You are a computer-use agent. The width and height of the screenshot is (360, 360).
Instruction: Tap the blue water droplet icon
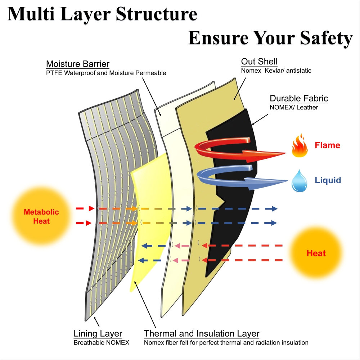point(300,181)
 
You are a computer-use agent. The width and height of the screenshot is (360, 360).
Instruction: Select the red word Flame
point(327,145)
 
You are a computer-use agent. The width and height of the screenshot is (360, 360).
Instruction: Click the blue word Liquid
point(328,180)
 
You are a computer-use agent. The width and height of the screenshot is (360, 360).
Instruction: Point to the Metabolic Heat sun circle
point(41,216)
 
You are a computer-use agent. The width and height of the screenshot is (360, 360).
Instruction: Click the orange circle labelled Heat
point(316,253)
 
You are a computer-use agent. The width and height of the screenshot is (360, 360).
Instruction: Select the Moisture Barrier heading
point(78,64)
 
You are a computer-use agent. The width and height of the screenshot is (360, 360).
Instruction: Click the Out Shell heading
point(259,61)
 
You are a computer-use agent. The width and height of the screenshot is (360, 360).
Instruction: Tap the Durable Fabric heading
point(299,99)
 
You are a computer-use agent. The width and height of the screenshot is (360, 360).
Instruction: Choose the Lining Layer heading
point(98,334)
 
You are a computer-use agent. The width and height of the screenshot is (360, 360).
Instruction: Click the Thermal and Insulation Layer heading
point(202,334)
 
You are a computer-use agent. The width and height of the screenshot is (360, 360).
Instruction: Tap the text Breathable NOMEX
point(101,343)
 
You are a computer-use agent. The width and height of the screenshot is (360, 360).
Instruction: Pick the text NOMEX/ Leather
point(294,107)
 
